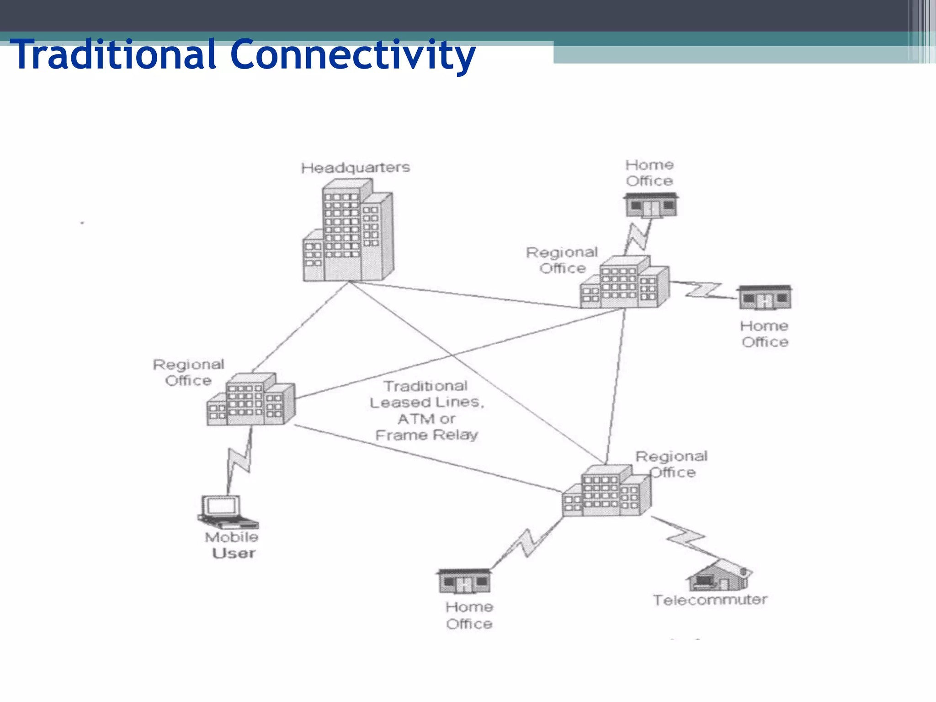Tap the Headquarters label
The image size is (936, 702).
tap(355, 168)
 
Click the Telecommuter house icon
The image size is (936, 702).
tap(719, 576)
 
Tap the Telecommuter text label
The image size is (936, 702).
tap(710, 600)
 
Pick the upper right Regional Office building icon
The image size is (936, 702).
tap(624, 282)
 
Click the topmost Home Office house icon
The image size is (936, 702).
tap(651, 205)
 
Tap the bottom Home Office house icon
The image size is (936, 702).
tap(464, 581)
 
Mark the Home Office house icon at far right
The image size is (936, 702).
tap(765, 298)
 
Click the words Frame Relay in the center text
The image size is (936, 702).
tap(426, 435)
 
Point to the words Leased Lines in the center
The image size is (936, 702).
tap(426, 402)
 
